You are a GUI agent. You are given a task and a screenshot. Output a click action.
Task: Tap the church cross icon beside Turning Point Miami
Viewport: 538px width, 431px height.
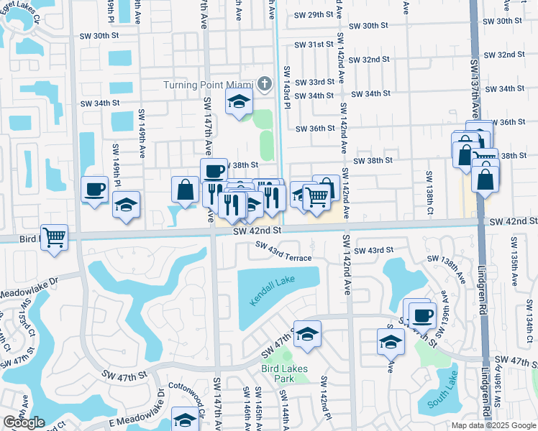(x=264, y=84)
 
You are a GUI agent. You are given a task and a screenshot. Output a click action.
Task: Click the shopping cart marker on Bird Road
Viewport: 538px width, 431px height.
(x=55, y=236)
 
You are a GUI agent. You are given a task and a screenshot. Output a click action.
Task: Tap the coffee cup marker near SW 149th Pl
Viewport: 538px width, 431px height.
(x=94, y=190)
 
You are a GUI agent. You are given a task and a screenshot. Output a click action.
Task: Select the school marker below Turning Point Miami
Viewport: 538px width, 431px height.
(x=239, y=102)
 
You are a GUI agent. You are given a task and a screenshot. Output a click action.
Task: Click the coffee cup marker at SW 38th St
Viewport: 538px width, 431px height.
(x=214, y=171)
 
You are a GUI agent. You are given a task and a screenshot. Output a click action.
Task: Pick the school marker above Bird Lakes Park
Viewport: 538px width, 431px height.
(x=307, y=333)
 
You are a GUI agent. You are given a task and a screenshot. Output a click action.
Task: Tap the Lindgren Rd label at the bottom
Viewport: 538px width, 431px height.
(x=486, y=391)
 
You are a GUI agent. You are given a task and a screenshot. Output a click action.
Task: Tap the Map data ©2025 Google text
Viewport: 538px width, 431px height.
(x=493, y=425)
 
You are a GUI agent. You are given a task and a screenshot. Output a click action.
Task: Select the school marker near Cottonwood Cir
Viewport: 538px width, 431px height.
(x=185, y=420)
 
